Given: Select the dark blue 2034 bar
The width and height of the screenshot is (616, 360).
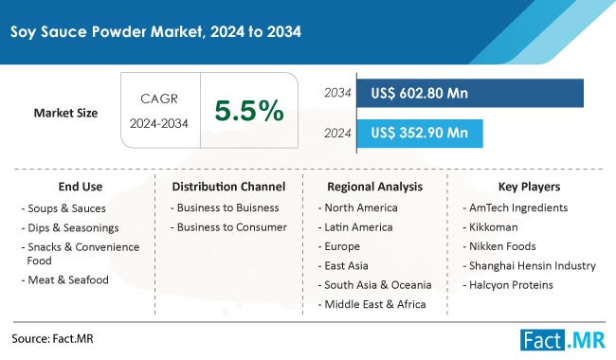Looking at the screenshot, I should [469, 93].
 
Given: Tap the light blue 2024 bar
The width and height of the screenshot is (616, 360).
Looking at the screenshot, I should [418, 133].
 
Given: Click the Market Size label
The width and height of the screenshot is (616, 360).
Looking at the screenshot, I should [66, 113].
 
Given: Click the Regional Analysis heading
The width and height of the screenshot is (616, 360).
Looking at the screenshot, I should [375, 187].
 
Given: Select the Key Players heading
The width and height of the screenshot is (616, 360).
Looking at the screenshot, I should [529, 187].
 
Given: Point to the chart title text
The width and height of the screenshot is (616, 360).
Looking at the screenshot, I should [156, 31].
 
